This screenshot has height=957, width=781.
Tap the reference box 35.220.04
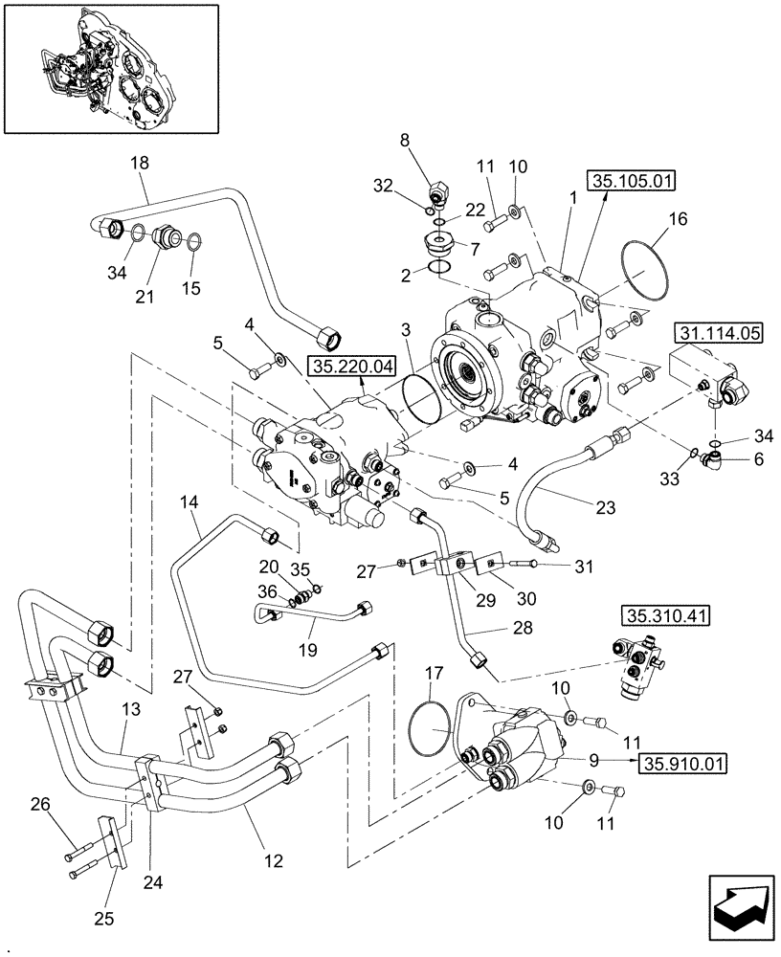(x=345, y=366)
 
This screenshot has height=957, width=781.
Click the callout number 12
(x=274, y=861)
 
